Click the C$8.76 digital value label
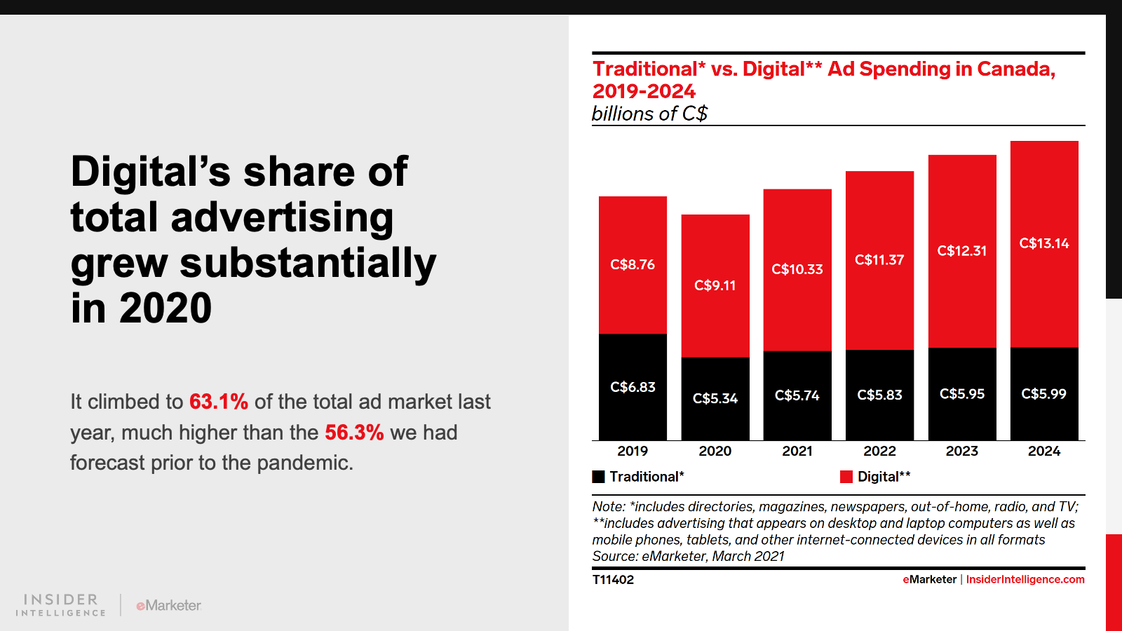pos(633,264)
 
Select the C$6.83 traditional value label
pos(633,387)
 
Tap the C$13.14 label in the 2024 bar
pos(1044,243)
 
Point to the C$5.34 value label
pos(715,398)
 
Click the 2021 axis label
pos(797,451)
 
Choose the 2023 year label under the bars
pos(962,451)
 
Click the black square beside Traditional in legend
pos(598,477)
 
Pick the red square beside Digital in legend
pos(846,477)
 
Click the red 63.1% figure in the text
pos(219,402)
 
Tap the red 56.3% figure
pos(354,433)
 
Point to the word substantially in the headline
pos(308,264)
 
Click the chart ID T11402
pos(613,580)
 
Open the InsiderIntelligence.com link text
pos(1025,580)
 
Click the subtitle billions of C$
pos(649,114)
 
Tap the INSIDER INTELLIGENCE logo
pos(61,605)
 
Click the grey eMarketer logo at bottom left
pos(168,605)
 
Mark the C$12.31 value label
pos(962,251)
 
